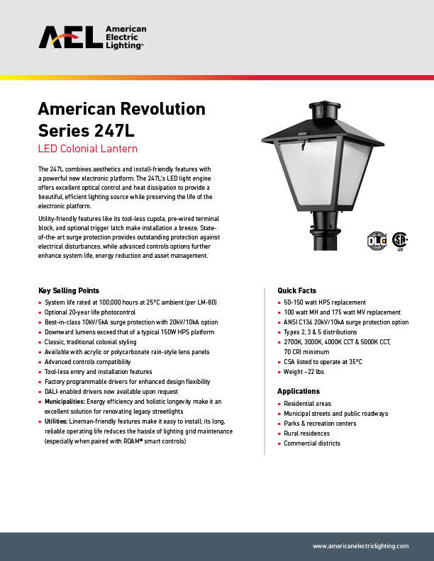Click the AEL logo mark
tap(69, 38)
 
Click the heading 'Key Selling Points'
tap(69, 290)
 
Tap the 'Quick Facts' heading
tap(296, 290)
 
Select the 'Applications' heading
tap(299, 391)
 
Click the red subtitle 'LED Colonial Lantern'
tap(87, 149)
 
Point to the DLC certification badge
tap(377, 240)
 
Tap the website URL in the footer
tap(360, 546)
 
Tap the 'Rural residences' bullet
tap(307, 433)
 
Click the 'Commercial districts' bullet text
tap(312, 443)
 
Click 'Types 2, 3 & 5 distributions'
tap(321, 331)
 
